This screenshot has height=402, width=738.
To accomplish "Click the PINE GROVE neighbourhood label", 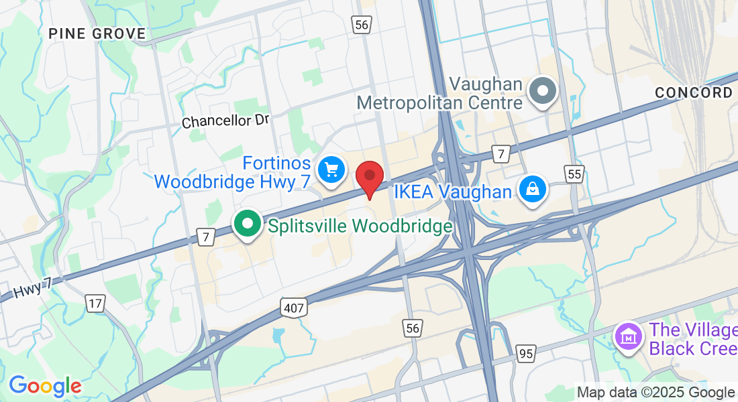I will coord(97,33).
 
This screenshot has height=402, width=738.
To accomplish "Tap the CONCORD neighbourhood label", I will coord(694,93).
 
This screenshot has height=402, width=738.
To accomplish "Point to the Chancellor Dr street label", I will coord(225,121).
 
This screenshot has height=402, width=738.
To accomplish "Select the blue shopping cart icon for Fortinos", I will coord(330,170).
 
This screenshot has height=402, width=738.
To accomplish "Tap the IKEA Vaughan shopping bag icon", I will coord(533,190).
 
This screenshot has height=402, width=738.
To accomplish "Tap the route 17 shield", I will coord(95,303).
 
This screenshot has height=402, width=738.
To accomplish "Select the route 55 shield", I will coord(574,174).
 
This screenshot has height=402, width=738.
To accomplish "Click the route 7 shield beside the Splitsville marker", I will coord(206,235).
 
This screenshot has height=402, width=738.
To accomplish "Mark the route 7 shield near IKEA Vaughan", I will coord(500,153).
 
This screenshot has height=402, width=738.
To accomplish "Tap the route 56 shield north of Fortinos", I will coord(362,25).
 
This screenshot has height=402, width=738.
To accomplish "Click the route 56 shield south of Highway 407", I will coord(413,328).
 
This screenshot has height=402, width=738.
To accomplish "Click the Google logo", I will coord(45,386).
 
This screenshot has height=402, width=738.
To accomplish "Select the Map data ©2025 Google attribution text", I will coord(655,393).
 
